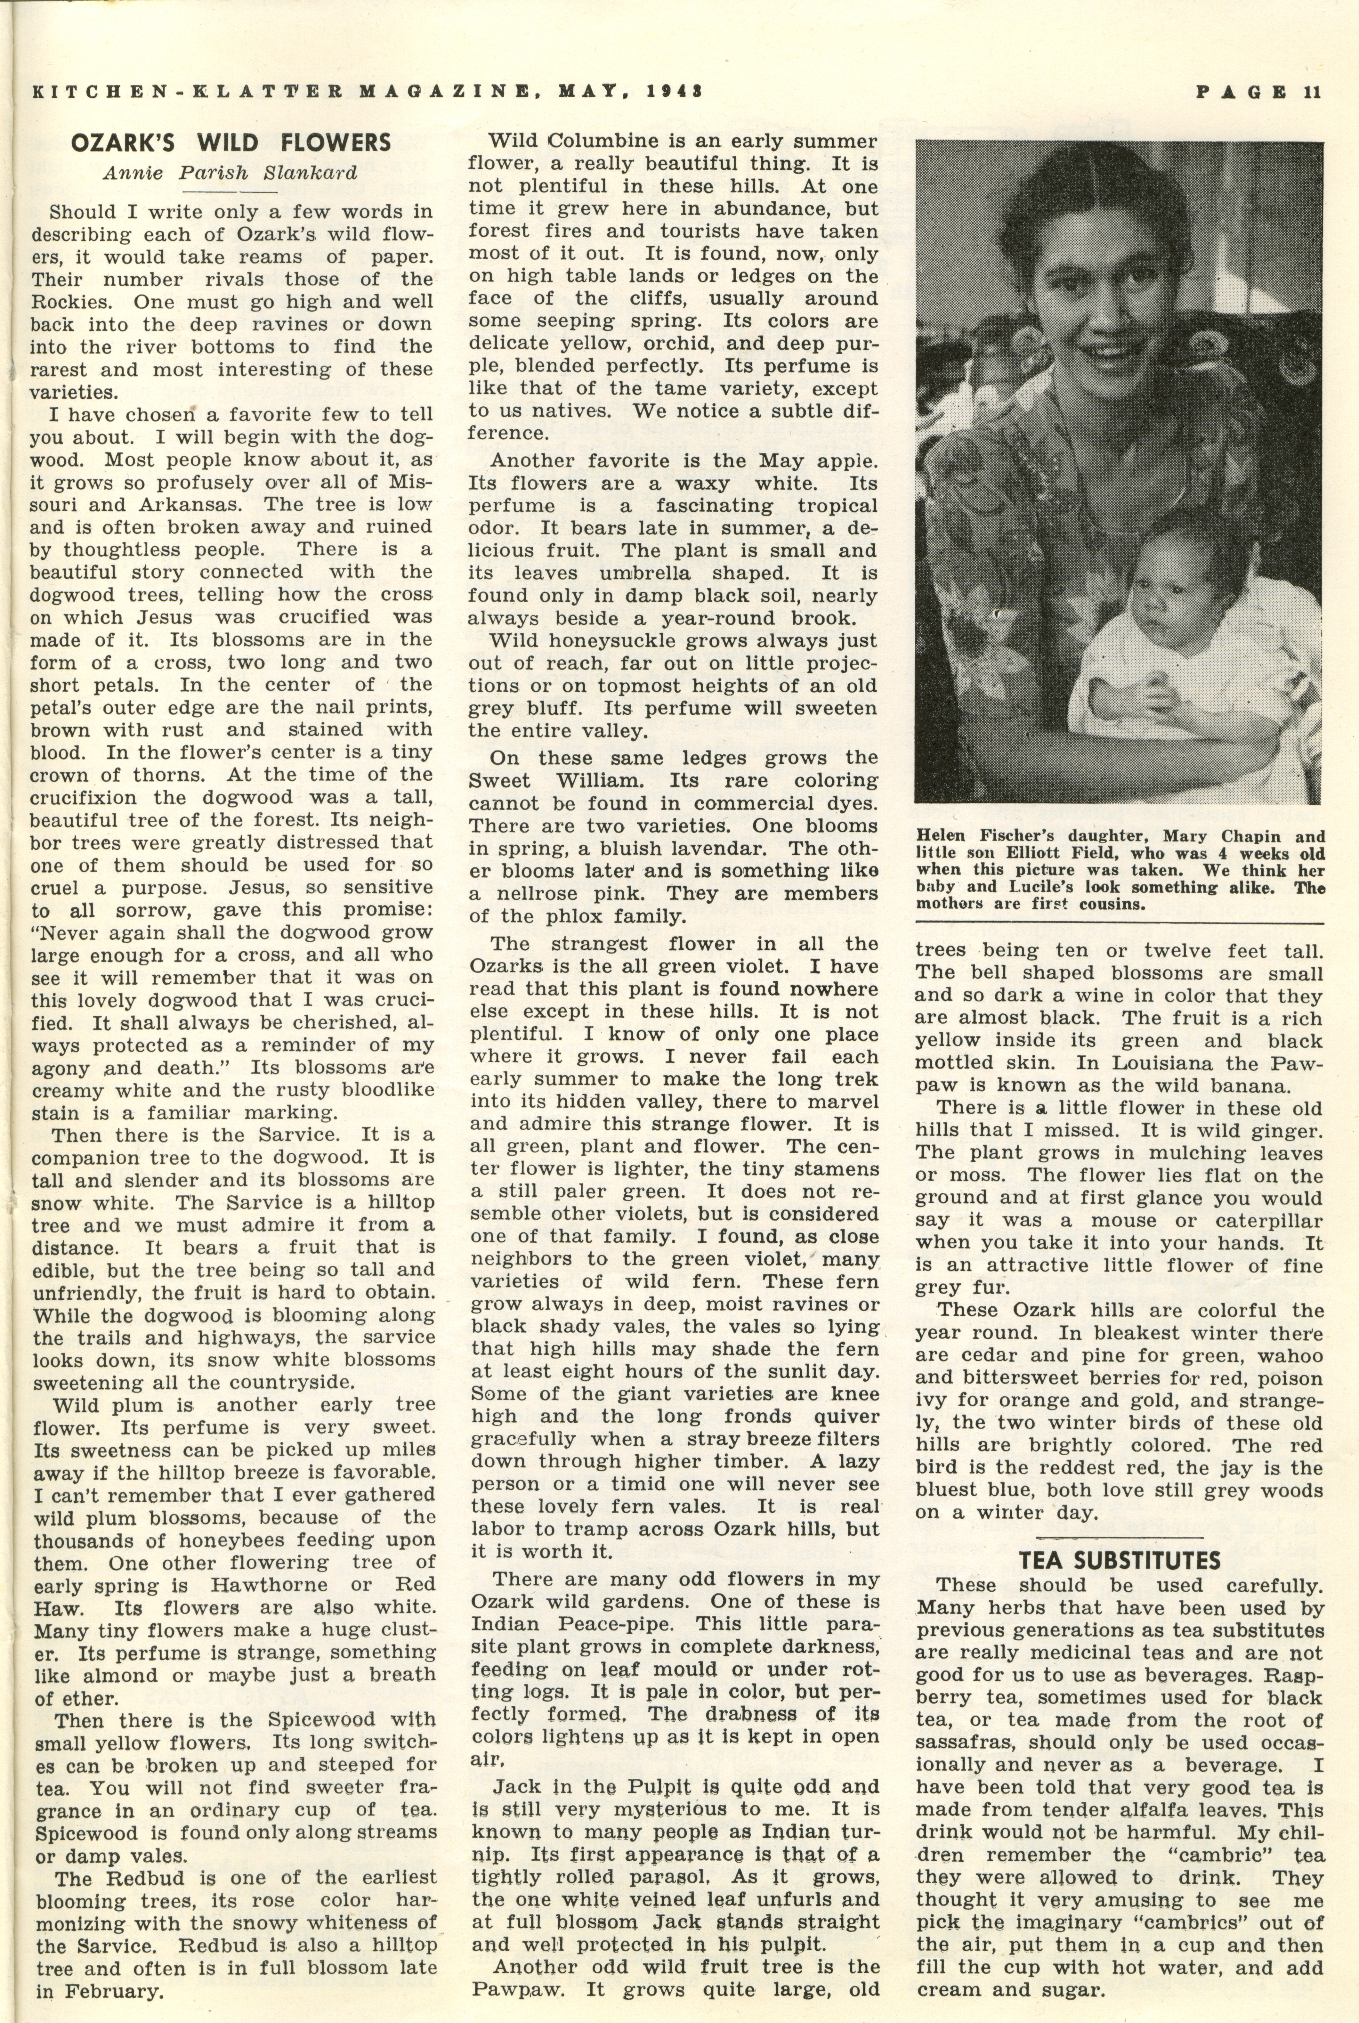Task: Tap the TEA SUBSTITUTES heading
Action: click(1119, 1560)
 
